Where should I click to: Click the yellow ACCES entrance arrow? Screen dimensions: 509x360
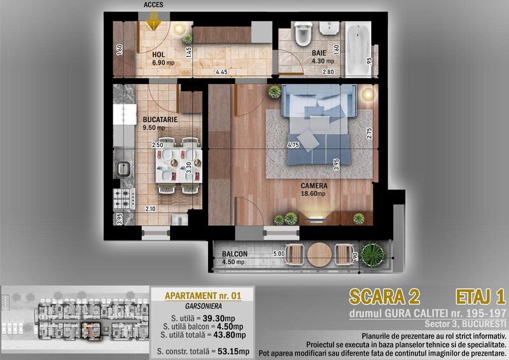coord(153,21)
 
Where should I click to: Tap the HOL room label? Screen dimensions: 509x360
coord(158,55)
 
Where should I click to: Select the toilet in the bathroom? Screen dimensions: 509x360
coord(303,34)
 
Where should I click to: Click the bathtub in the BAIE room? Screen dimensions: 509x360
coord(358,49)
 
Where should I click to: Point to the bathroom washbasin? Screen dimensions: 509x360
coord(330,28)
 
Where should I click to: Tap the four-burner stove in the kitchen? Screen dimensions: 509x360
coord(124,199)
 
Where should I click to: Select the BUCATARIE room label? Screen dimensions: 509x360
coord(160,120)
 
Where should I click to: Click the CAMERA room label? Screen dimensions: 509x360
coord(314,186)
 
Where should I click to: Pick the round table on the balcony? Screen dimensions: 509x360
coord(319,255)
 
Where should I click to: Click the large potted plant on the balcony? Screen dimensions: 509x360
coord(373,256)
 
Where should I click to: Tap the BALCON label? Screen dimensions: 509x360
coord(235,254)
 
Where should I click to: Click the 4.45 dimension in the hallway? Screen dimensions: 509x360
coord(221,72)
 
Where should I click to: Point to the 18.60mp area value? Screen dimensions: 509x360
coord(313,194)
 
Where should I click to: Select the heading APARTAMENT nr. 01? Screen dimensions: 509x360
coord(203,296)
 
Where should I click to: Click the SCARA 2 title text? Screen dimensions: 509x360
coord(384,297)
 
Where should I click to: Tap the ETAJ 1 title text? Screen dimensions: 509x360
coord(481,297)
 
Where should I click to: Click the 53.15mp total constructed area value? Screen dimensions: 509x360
coord(234,351)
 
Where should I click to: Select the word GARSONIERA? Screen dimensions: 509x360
coord(204,306)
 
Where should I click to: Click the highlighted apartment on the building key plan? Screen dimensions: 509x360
coord(92,331)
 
